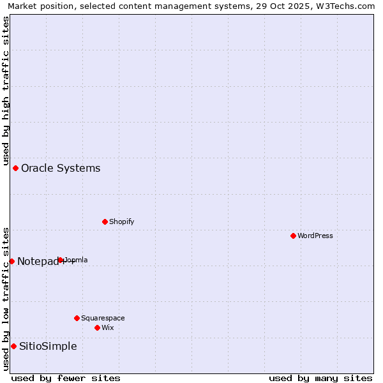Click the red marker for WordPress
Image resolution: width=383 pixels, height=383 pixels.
293,236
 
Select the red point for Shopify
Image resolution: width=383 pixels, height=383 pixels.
105,222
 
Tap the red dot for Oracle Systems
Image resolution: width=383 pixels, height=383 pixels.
16,168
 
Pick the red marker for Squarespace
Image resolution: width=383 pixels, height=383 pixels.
77,318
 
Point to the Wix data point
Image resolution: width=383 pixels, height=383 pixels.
97,327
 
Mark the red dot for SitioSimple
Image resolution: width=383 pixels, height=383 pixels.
13,346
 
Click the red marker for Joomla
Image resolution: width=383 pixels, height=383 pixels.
61,260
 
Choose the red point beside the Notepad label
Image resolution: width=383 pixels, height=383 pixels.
11,261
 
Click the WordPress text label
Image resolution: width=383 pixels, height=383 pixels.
315,236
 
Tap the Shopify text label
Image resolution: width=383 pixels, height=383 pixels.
121,222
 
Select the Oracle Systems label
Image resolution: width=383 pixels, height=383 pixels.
61,169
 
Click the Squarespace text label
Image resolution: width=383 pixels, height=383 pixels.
103,318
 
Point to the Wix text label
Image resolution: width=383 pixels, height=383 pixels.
108,327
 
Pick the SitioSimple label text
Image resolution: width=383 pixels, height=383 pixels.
48,347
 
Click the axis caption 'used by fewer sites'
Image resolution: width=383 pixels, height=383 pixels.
66,378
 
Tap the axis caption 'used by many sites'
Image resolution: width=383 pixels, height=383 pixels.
320,378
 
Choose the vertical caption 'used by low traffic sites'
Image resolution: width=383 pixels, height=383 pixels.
6,298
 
